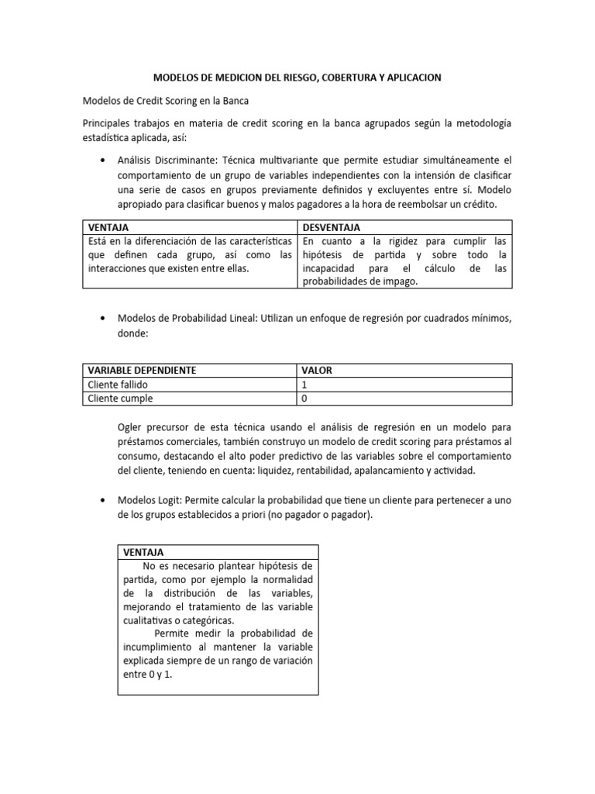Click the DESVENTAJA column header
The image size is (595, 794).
(332, 227)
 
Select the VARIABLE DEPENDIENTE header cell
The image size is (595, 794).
(142, 371)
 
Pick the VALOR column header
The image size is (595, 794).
(317, 371)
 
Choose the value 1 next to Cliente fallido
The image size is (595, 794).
(305, 385)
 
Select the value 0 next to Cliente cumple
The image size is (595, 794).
(305, 399)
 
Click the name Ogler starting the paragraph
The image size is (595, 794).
(132, 426)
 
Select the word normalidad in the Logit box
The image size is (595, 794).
(286, 579)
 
